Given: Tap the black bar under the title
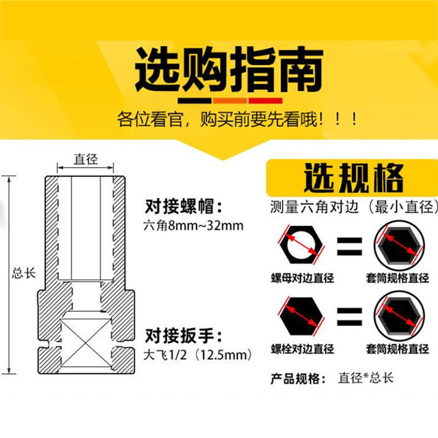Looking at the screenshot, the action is [194, 101].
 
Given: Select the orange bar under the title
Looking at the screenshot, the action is [230, 101].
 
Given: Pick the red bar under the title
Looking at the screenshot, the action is [266, 101].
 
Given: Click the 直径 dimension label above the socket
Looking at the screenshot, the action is [86, 159].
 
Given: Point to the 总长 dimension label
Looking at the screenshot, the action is [24, 273].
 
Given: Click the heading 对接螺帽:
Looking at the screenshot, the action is [183, 206].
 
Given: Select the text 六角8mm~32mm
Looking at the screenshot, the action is [193, 226].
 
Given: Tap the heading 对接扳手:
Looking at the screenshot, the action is [183, 336].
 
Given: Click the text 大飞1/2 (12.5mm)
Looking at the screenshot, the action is [198, 355].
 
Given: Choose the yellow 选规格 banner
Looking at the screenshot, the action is [352, 178].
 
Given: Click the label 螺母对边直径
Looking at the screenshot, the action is [303, 278].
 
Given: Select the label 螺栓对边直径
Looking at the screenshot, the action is [303, 349].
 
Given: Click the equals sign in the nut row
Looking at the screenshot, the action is [349, 246].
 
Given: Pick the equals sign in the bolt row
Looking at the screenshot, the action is [349, 317].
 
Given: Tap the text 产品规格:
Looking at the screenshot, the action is [298, 379].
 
